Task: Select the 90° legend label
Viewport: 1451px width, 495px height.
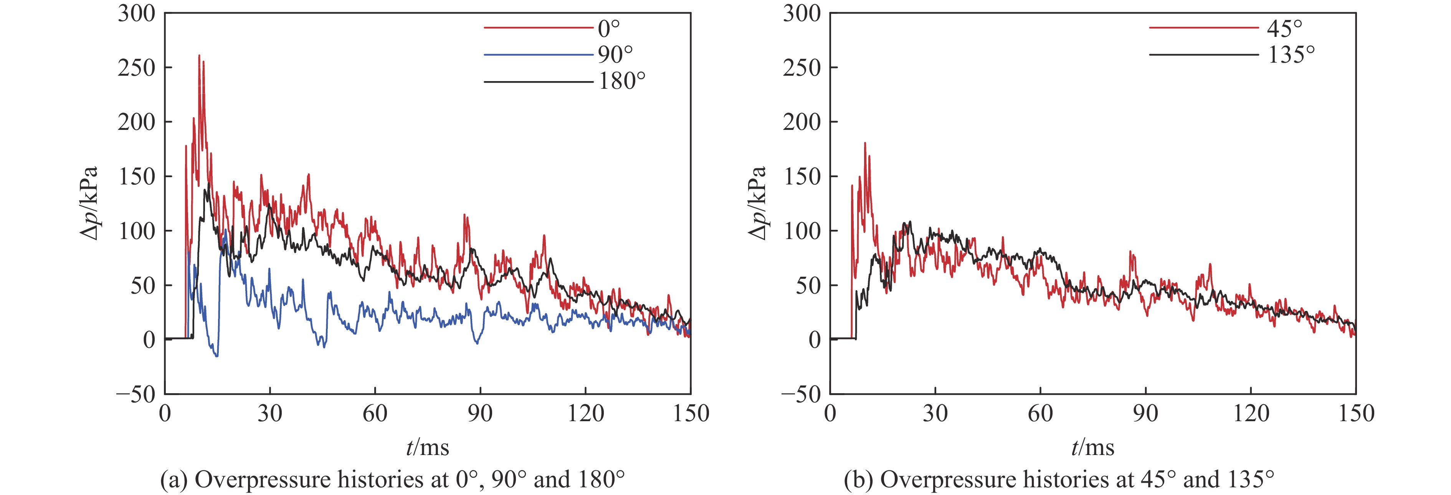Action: pos(615,54)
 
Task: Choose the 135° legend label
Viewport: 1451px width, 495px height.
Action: pos(1291,54)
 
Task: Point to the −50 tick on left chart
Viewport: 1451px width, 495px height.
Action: pos(136,394)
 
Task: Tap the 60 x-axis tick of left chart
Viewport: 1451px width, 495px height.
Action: pos(375,414)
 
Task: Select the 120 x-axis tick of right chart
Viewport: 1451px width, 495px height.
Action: pos(1251,414)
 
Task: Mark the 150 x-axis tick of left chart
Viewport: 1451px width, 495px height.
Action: pos(691,414)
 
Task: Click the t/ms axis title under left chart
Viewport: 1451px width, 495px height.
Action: pos(428,448)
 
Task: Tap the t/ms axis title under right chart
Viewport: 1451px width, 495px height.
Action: pos(1093,448)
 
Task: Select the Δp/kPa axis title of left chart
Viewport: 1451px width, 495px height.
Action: pos(89,203)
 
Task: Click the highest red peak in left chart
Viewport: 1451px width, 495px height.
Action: pos(199,56)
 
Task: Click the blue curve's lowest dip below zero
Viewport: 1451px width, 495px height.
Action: pos(217,356)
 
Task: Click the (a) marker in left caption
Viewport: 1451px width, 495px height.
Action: pos(174,480)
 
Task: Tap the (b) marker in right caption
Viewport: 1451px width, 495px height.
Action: pos(857,480)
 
